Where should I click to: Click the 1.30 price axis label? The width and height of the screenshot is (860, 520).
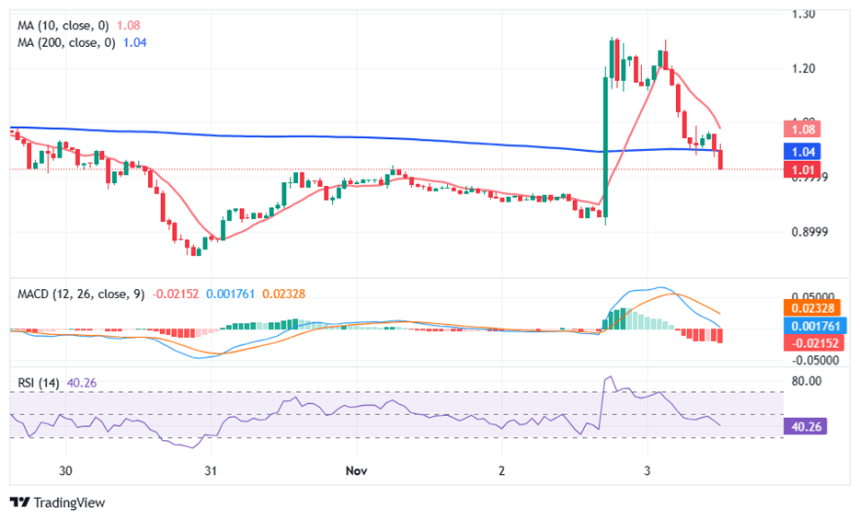(804, 15)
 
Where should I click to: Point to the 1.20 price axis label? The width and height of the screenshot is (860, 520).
(804, 68)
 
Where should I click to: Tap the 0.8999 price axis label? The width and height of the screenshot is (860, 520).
(809, 232)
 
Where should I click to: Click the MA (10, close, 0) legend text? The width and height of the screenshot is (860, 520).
(66, 25)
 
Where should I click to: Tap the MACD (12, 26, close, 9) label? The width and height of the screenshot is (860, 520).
(81, 295)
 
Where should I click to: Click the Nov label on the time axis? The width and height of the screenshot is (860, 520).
(358, 470)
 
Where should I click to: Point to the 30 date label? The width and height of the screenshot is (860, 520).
(65, 470)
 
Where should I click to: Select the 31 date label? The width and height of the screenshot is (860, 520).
(211, 470)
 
